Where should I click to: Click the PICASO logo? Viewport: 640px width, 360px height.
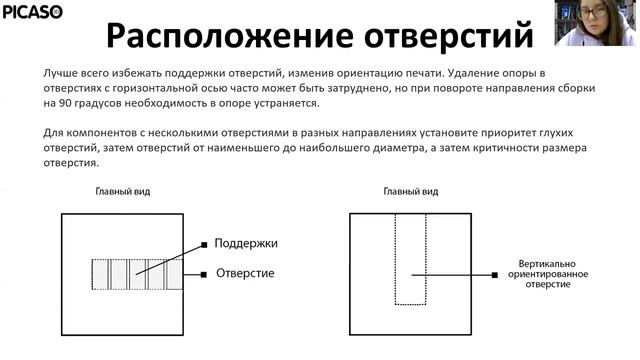click(x=32, y=13)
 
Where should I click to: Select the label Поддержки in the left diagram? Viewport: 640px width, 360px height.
click(x=246, y=243)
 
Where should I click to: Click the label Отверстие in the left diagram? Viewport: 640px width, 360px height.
click(x=244, y=273)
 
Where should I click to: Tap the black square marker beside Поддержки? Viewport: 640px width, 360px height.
click(x=204, y=243)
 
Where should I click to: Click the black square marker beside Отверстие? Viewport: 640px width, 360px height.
click(x=204, y=273)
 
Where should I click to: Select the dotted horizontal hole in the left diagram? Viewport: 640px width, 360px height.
click(x=136, y=273)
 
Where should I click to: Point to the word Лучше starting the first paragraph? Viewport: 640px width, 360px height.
click(x=61, y=74)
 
